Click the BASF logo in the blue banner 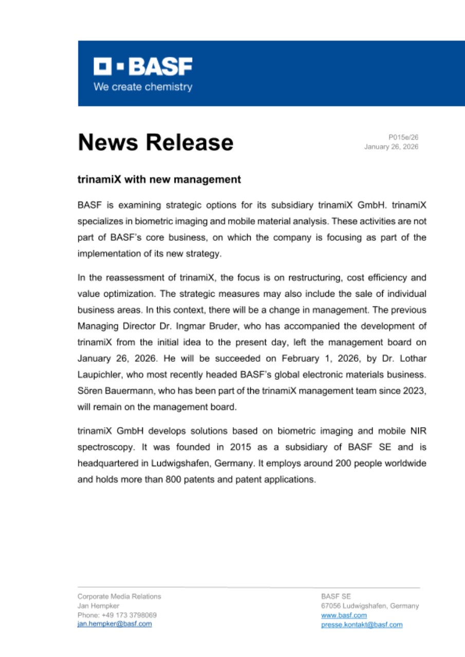(142, 66)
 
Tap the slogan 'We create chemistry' (142, 87)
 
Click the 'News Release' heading (155, 142)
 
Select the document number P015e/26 (403, 137)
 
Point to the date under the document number (391, 147)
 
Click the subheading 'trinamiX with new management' (159, 180)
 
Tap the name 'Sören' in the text (88, 380)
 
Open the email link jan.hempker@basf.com (114, 624)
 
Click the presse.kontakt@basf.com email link (362, 625)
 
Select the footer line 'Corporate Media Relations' (119, 596)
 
